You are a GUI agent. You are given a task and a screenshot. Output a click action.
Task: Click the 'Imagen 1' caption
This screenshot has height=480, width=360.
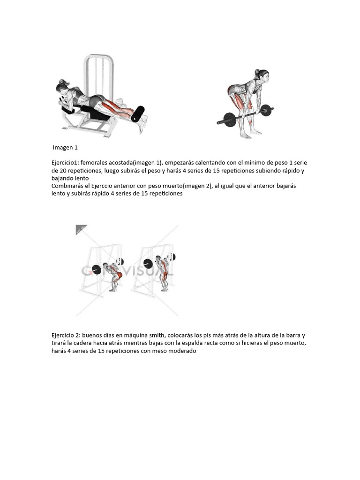point(65,148)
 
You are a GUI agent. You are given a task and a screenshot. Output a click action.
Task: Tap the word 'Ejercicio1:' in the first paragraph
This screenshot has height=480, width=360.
point(65,163)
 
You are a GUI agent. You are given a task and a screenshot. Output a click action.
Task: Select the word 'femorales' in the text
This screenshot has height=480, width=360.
point(94,163)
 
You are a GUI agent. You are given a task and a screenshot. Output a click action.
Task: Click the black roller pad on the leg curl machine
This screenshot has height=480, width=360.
point(137,114)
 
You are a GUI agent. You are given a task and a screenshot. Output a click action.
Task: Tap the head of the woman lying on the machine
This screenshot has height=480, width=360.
point(63,87)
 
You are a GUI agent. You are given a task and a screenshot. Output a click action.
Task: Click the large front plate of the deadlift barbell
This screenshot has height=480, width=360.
point(230,120)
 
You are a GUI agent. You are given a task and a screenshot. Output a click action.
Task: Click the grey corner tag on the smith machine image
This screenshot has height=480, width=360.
point(80,229)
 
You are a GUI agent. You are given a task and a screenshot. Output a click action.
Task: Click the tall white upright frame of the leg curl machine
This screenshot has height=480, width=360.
point(98,76)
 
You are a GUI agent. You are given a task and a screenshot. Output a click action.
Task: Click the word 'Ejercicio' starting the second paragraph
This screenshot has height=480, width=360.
point(62,336)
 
